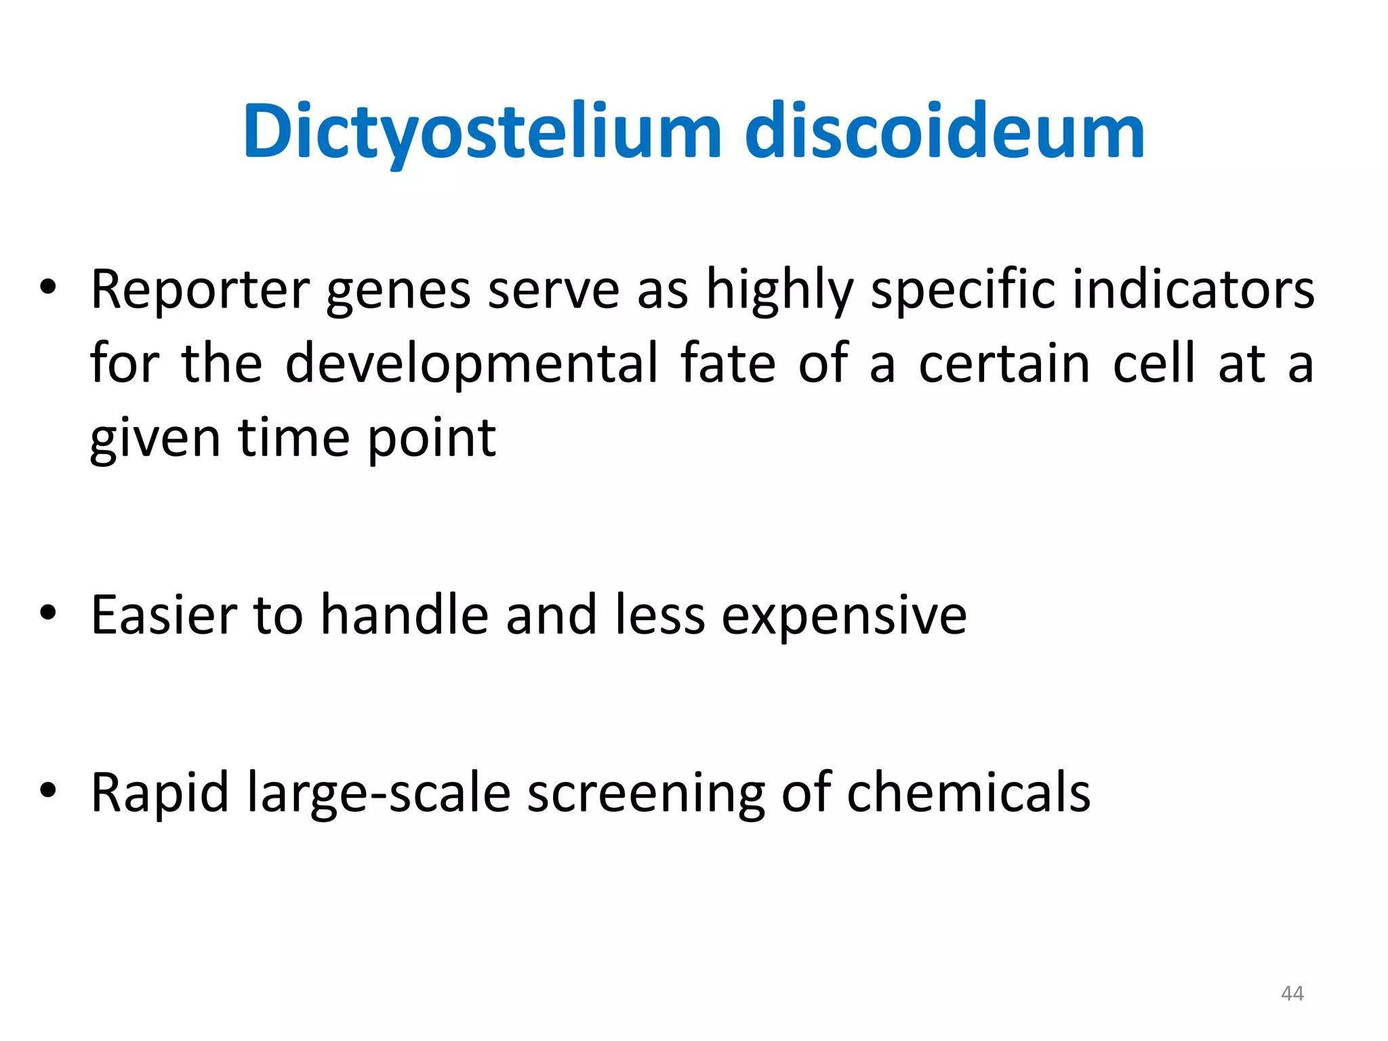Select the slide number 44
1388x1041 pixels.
pyautogui.click(x=1292, y=994)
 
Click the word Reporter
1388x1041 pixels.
pyautogui.click(x=200, y=290)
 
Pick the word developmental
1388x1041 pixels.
pyautogui.click(x=472, y=364)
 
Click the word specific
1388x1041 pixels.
pyautogui.click(x=962, y=290)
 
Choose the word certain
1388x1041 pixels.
pyautogui.click(x=1004, y=364)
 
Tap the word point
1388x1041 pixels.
pyautogui.click(x=432, y=438)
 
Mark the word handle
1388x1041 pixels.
pyautogui.click(x=405, y=615)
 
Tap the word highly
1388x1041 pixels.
pyautogui.click(x=780, y=290)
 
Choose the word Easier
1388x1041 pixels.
pyautogui.click(x=163, y=615)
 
